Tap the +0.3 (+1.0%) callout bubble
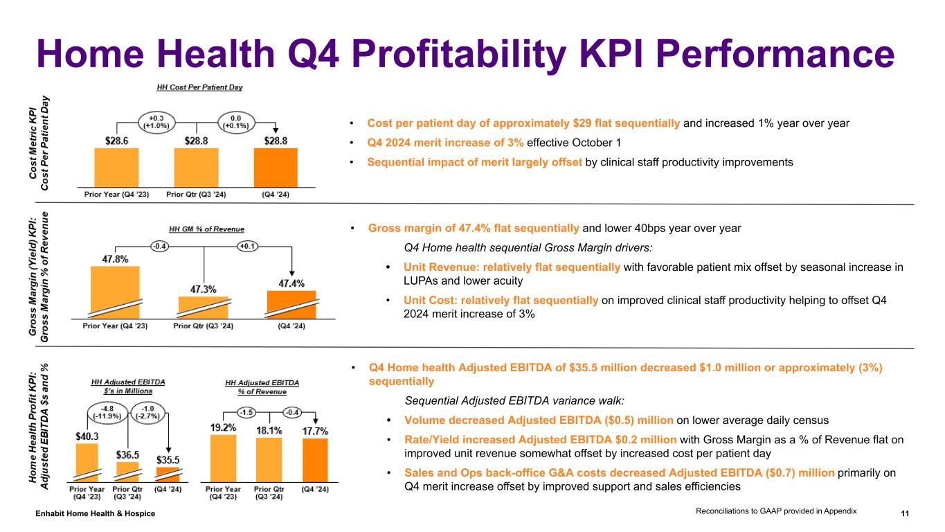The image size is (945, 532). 156,121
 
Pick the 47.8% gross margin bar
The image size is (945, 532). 115,291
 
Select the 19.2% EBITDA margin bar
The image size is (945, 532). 223,457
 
